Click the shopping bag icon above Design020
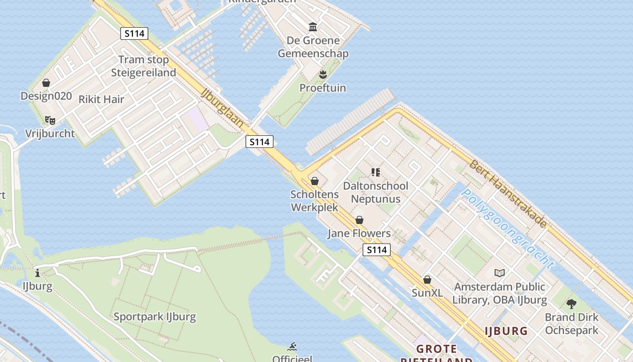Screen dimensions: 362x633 coord(46,83)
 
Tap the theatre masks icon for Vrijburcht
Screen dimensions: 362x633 coord(50,120)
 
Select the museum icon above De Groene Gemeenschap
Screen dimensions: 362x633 coord(312,27)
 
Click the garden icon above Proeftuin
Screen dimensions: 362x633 coord(322,74)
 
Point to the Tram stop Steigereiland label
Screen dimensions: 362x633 coord(143,66)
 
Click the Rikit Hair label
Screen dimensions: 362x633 coord(101,100)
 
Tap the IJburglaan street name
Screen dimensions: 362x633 coord(222,107)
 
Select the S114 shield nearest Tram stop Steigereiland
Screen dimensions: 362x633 coord(134,33)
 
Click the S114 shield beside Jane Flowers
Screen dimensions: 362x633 coord(377,250)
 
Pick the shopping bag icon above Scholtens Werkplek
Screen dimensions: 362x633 coord(315,181)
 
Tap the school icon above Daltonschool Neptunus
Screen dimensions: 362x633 coord(375,172)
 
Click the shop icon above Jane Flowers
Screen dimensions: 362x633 coord(359,220)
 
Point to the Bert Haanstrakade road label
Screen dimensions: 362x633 coord(508,194)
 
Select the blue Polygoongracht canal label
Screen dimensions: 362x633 coord(507,229)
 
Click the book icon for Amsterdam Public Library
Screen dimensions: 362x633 coord(499,273)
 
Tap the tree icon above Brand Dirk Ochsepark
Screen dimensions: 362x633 coord(572,304)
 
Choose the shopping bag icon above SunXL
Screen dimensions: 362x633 coord(427,280)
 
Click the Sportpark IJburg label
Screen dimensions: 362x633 coord(155,317)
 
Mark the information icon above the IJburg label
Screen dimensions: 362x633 coord(38,273)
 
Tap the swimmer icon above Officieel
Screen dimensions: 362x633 coord(292,347)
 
